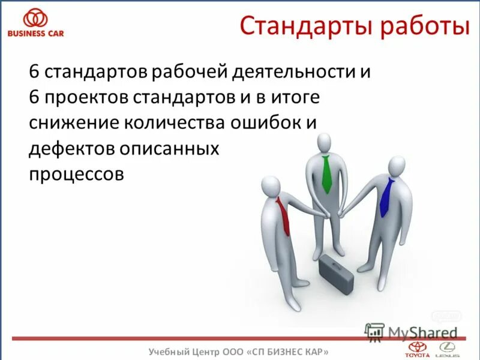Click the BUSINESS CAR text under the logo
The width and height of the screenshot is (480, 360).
coord(35,34)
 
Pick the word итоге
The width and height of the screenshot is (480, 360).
coord(295,98)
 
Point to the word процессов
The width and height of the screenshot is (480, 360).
coord(76,174)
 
